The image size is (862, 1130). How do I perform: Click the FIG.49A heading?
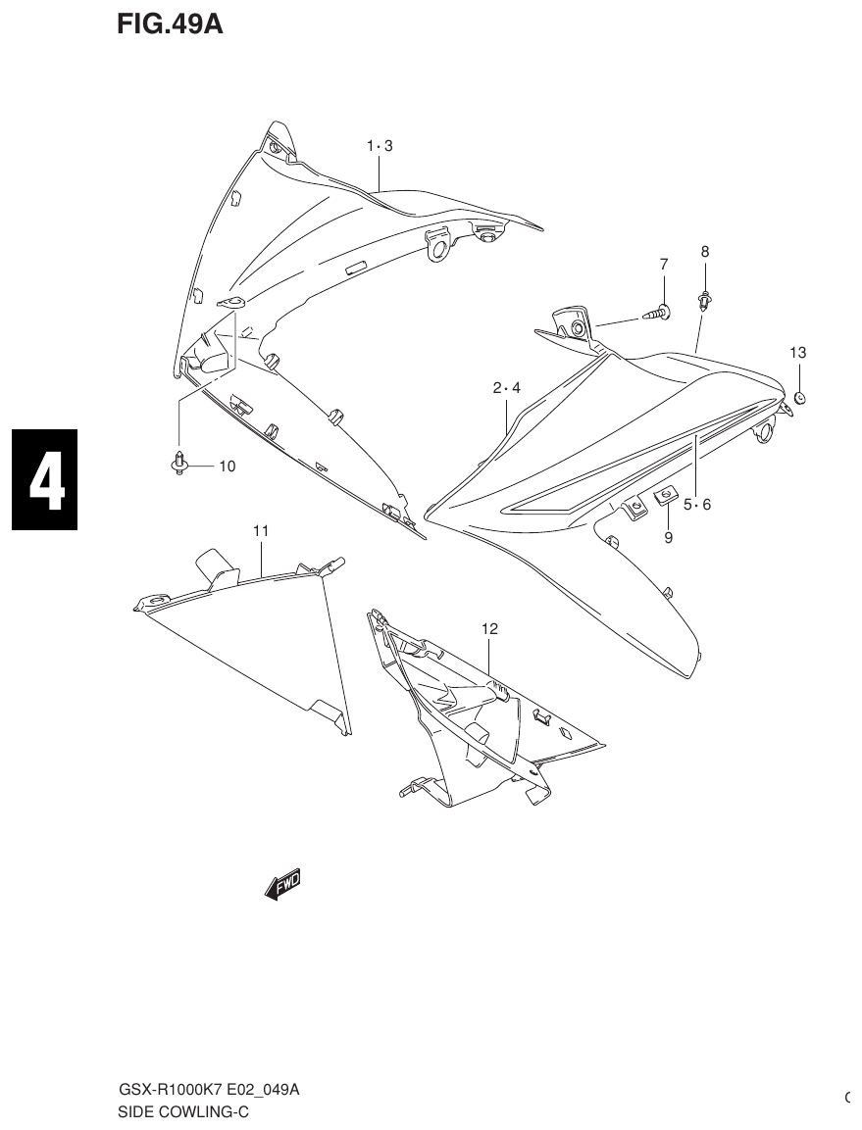(170, 25)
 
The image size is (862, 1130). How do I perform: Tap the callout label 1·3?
(380, 146)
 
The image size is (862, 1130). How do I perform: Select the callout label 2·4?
(506, 388)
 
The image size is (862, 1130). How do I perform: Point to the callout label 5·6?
(697, 505)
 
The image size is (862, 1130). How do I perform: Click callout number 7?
(663, 264)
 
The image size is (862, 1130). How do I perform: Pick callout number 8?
(704, 252)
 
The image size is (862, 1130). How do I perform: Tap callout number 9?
(668, 537)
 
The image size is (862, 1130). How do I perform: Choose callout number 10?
(227, 467)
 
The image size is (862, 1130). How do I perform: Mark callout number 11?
(260, 530)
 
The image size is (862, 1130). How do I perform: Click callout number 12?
(489, 629)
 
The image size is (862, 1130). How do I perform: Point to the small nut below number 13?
(799, 397)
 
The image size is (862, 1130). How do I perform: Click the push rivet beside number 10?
(178, 461)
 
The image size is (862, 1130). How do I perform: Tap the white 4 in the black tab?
(45, 480)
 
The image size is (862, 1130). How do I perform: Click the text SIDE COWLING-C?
(183, 1111)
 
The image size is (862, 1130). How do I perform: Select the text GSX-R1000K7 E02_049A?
(209, 1091)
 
